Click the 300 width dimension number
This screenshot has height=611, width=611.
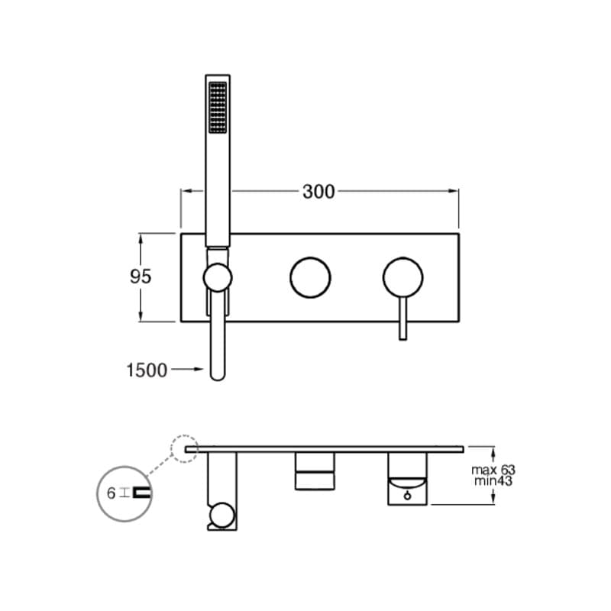[318, 192]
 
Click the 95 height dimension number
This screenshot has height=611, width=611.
[141, 276]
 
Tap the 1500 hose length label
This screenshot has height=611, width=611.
[147, 370]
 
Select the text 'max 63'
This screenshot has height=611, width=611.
[493, 470]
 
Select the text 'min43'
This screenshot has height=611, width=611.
[493, 481]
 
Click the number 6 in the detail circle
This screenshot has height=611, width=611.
[112, 493]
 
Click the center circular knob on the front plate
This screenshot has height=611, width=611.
[310, 276]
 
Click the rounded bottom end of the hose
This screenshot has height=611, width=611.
[218, 374]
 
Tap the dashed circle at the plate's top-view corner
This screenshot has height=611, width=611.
[185, 448]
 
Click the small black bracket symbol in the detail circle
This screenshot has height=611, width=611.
[141, 493]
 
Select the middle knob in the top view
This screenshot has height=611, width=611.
[315, 470]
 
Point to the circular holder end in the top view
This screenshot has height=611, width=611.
[221, 516]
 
